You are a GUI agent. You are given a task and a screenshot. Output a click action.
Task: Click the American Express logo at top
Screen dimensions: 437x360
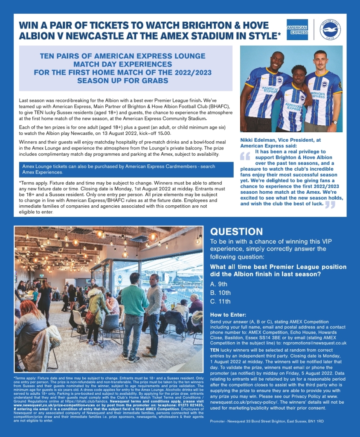pos(297,29)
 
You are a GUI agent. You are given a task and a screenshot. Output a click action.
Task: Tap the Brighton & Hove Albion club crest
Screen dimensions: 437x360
pos(330,29)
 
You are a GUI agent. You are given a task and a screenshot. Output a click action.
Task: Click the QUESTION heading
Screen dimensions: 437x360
pos(237,232)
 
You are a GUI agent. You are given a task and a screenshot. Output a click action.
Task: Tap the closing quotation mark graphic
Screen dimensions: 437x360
pos(330,204)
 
